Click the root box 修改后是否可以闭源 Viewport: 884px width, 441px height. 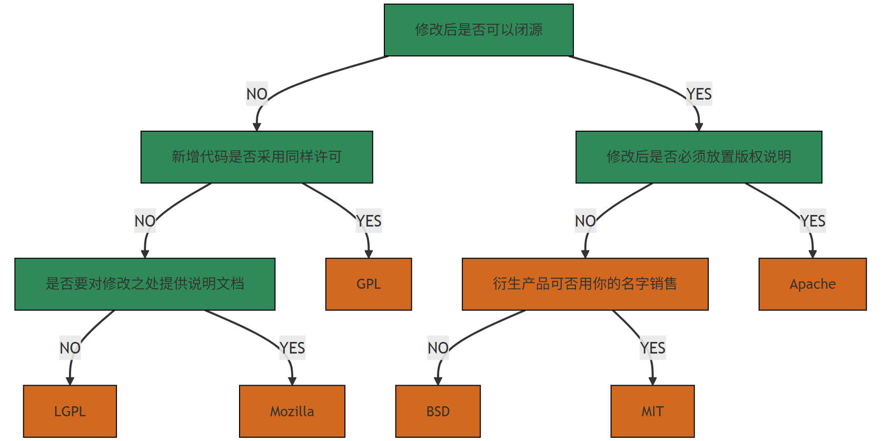point(478,30)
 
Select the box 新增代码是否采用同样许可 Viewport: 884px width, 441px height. point(256,157)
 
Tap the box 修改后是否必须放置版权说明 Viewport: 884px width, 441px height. point(698,157)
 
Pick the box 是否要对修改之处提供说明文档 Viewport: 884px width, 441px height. point(145,284)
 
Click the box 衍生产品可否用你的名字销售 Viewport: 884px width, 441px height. point(584,284)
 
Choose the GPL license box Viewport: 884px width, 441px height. point(368,284)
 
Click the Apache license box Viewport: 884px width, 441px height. point(812,284)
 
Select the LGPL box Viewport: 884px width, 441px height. point(69,411)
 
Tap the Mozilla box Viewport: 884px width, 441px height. point(292,411)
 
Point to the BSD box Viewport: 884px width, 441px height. point(438,411)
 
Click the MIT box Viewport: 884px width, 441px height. point(652,411)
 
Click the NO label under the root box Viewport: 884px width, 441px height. point(257,94)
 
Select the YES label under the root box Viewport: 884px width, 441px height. point(699,94)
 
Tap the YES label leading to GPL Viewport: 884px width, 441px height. point(369,221)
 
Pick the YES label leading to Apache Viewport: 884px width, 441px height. point(812,221)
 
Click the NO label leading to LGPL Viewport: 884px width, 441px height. point(70,348)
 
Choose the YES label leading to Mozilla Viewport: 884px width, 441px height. point(292,348)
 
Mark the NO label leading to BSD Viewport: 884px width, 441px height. point(438,348)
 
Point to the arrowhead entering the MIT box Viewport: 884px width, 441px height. point(652,381)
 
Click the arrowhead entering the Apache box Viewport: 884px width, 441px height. point(812,254)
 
